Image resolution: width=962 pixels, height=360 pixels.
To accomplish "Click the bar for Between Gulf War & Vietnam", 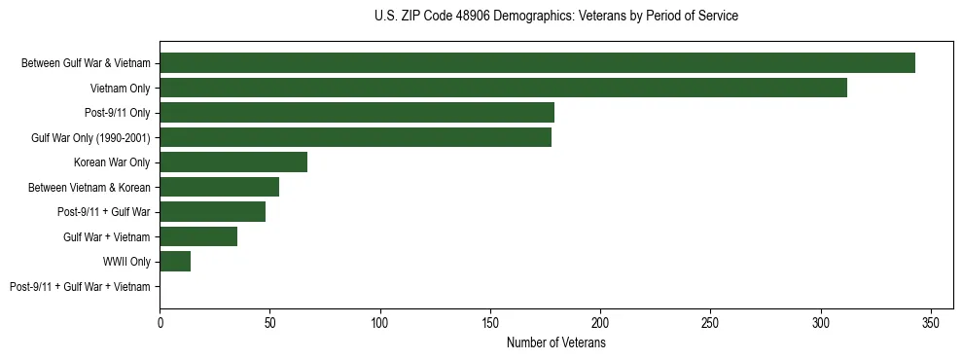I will [537, 63].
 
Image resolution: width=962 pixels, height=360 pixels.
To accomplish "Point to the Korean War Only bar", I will [233, 162].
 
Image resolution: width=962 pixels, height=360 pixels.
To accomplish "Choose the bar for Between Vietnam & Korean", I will [219, 187].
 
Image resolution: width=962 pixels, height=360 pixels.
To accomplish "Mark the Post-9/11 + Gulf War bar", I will [212, 212].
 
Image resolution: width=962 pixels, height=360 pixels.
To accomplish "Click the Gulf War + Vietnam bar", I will [198, 236].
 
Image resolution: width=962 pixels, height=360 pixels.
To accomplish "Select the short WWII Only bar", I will [175, 262].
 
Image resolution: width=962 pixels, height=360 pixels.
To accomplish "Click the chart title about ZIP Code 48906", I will [555, 17].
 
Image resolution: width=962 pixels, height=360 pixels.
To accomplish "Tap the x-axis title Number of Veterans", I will [555, 342].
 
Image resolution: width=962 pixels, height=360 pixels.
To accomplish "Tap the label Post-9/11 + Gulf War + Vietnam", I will [80, 287].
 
